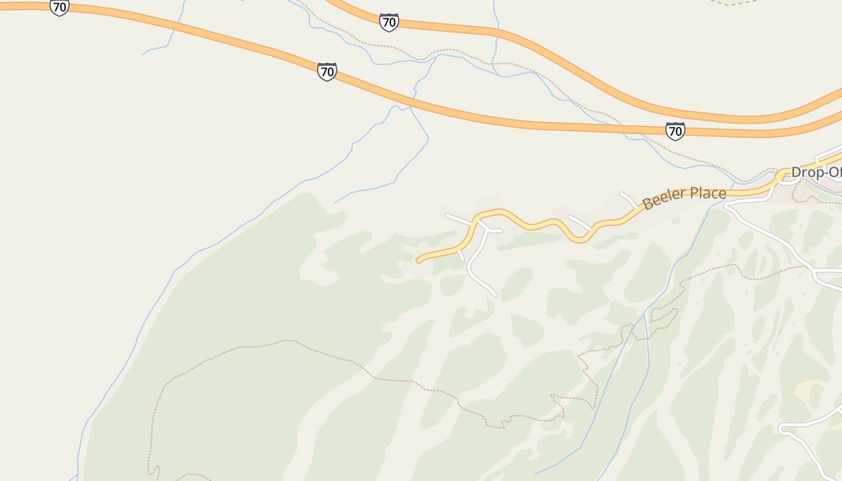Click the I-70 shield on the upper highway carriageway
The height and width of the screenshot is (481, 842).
coord(389,23)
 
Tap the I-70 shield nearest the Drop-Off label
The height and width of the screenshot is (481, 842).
coord(675,130)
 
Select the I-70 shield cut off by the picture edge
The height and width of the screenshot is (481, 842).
coord(59,7)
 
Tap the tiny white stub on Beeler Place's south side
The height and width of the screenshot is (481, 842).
coord(461,256)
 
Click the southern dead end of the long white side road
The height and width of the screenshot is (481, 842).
coord(495,295)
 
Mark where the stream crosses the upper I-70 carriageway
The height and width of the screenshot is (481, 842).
coord(497,28)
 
